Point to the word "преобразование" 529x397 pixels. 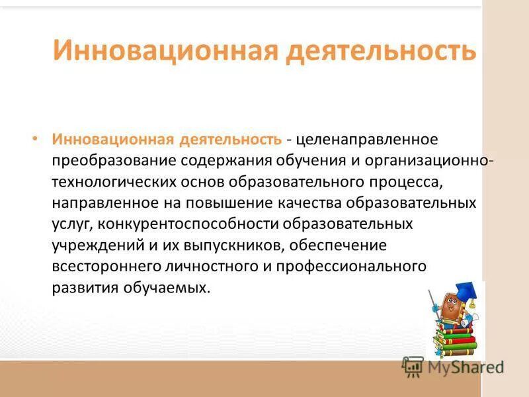point(104,162)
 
